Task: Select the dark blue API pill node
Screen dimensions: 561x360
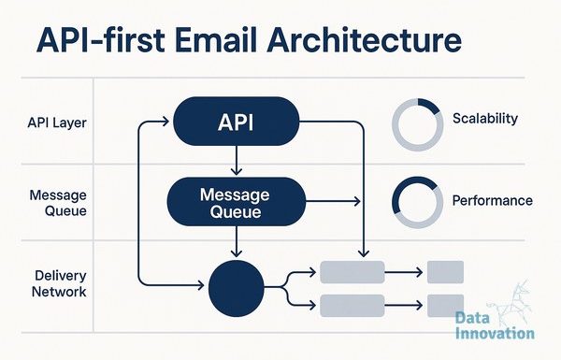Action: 237,122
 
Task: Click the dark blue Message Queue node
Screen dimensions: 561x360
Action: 237,201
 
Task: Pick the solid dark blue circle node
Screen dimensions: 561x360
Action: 237,288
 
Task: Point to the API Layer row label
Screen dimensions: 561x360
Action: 57,122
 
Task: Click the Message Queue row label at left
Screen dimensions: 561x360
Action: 58,203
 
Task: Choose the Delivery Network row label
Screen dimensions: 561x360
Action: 59,283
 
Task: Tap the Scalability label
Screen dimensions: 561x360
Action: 485,119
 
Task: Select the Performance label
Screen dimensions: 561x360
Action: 493,200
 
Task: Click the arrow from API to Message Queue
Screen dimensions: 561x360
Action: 237,160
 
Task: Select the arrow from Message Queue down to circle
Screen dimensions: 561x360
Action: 237,241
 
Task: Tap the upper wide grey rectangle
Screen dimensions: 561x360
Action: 352,272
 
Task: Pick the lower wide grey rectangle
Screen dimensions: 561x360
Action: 352,306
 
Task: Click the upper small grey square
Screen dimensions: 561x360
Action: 445,272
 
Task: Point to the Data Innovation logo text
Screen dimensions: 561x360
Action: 496,325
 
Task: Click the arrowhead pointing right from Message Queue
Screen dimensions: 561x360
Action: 357,201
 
